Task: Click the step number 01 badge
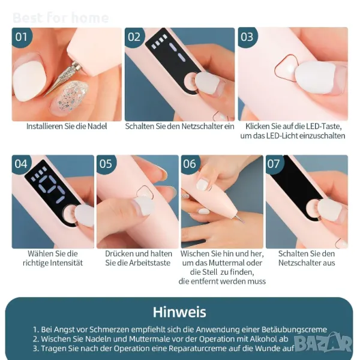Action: pos(22,37)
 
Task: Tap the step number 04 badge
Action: pos(21,164)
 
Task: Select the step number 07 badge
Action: pos(274,164)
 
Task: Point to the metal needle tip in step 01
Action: pos(46,95)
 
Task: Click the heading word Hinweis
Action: pos(179,312)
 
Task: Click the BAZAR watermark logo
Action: pos(323,343)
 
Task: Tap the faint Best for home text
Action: pos(61,17)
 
